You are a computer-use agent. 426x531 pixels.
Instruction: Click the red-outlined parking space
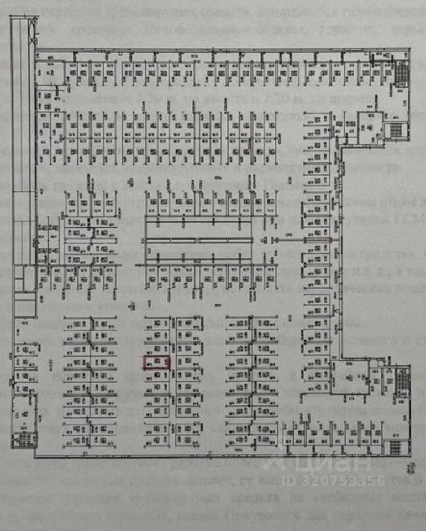(x=157, y=362)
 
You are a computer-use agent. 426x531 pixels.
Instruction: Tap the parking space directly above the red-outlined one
(x=157, y=349)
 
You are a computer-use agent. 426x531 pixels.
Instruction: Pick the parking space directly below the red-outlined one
(x=157, y=376)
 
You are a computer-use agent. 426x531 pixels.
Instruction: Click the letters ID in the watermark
(x=290, y=480)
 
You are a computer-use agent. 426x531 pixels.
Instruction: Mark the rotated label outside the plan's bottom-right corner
(x=410, y=468)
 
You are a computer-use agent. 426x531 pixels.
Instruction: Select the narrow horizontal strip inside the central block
(x=199, y=240)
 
